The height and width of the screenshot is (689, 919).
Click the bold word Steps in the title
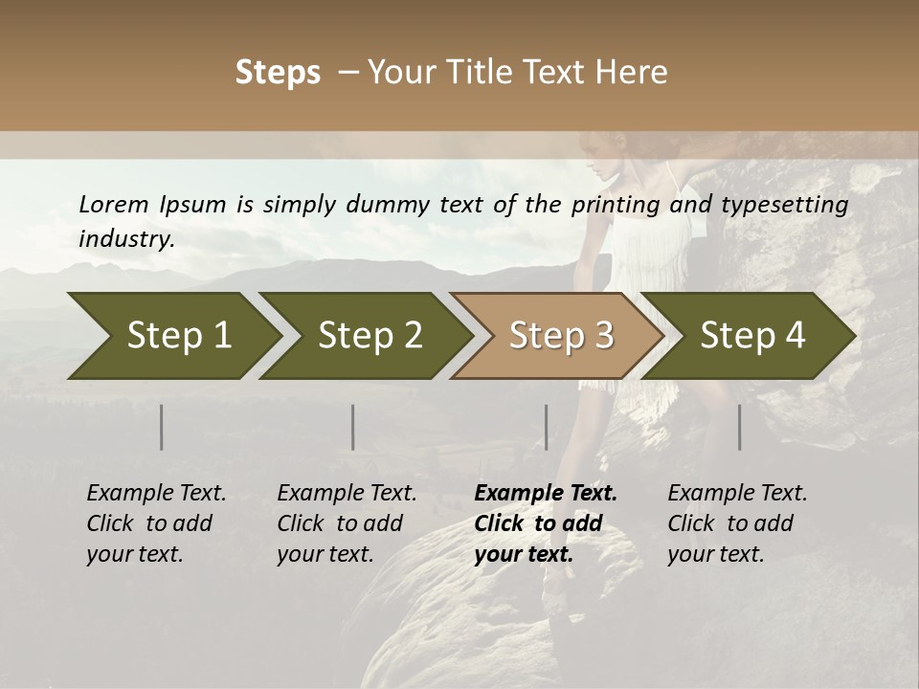[x=278, y=73]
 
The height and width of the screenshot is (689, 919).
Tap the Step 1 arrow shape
[x=172, y=336]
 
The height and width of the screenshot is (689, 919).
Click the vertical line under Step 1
[x=162, y=427]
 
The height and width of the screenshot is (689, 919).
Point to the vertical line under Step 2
[x=353, y=427]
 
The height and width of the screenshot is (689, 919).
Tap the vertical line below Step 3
[x=547, y=427]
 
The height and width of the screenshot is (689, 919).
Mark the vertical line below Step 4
[x=739, y=427]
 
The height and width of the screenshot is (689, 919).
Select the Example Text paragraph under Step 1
[x=155, y=523]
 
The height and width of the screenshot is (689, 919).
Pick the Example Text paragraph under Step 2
[x=346, y=523]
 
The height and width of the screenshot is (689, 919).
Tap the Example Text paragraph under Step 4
[x=736, y=523]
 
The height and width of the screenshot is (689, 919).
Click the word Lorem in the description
[x=114, y=204]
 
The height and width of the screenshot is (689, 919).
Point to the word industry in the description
[x=125, y=238]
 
